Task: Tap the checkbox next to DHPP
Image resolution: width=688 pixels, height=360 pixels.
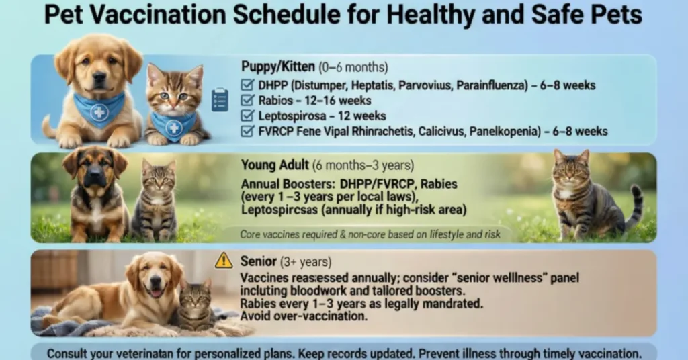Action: [247, 85]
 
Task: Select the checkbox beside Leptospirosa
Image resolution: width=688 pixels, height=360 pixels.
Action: [247, 116]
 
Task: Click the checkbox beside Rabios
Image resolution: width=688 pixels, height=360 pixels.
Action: [247, 101]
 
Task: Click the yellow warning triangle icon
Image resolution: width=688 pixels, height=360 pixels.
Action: [224, 261]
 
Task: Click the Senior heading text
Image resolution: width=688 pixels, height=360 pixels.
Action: [258, 261]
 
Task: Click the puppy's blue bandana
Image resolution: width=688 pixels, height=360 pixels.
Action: [99, 108]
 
